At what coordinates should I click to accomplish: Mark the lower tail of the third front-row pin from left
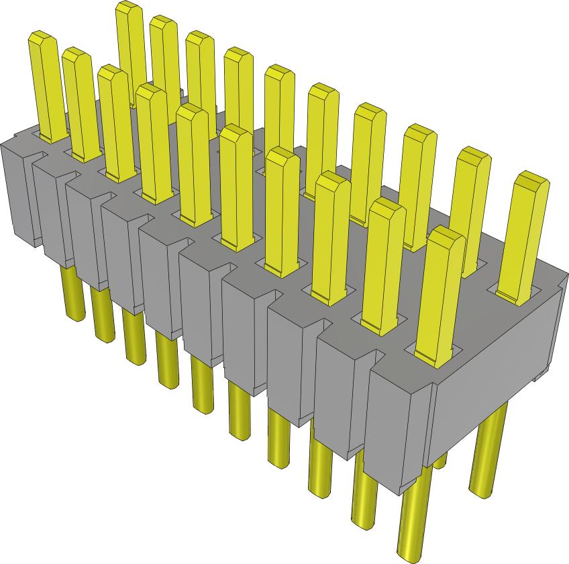(134, 342)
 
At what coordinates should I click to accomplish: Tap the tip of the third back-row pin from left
(199, 38)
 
